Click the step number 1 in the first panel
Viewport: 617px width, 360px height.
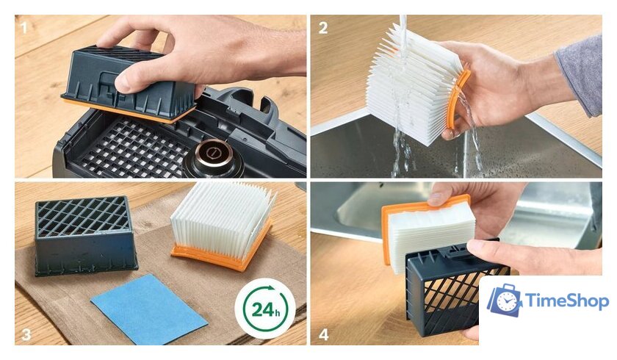24,27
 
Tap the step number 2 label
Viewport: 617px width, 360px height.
323,28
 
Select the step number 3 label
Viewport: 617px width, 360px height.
26,334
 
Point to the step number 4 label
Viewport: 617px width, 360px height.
323,334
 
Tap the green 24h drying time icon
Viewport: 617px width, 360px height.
265,309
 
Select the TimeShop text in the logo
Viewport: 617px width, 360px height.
566,301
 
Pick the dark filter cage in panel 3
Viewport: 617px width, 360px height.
86,235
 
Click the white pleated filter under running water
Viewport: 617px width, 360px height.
413,84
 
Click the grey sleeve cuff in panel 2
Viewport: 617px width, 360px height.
580,75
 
